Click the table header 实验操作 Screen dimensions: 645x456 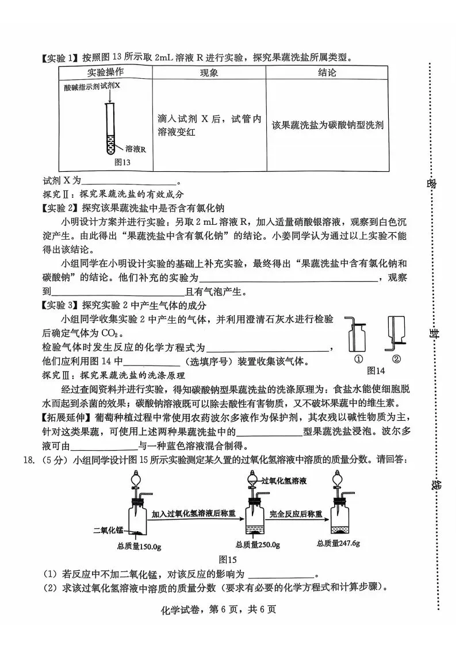[105, 72]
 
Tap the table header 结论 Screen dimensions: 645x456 [327, 73]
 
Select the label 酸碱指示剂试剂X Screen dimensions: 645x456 [93, 86]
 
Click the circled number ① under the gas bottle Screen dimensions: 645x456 [358, 359]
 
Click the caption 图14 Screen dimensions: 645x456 [376, 370]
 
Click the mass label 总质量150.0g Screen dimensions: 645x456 [137, 546]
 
